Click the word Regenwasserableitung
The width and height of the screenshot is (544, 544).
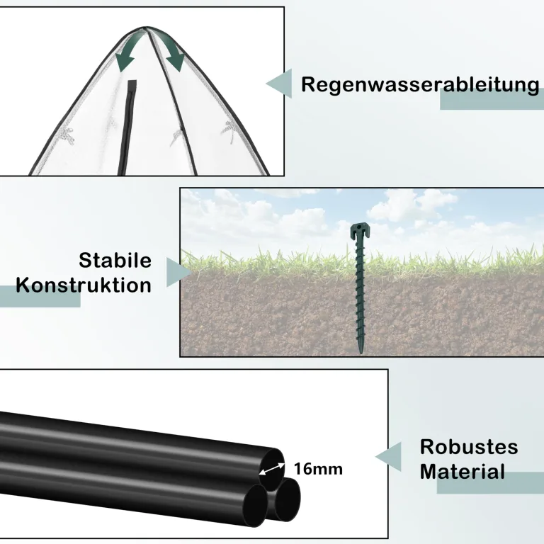point(420,85)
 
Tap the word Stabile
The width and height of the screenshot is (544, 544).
point(115,260)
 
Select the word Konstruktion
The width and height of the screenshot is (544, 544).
point(84,285)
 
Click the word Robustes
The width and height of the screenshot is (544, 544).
point(469,447)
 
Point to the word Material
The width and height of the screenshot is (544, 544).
point(463,472)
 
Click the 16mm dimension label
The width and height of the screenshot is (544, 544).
point(318,469)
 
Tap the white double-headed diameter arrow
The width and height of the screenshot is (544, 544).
point(272,469)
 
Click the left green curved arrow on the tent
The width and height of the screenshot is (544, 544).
point(128,51)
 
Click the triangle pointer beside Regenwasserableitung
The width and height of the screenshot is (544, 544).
point(279,84)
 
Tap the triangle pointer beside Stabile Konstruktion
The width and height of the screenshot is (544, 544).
point(178,272)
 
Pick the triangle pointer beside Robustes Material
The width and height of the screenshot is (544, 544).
point(389,457)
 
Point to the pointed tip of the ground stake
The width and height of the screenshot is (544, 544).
point(361,353)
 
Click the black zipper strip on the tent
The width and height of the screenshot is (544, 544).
point(127,127)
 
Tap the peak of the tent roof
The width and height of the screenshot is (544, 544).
point(146,28)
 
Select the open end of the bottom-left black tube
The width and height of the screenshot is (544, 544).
point(255,505)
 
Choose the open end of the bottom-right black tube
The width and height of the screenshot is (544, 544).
point(288,499)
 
